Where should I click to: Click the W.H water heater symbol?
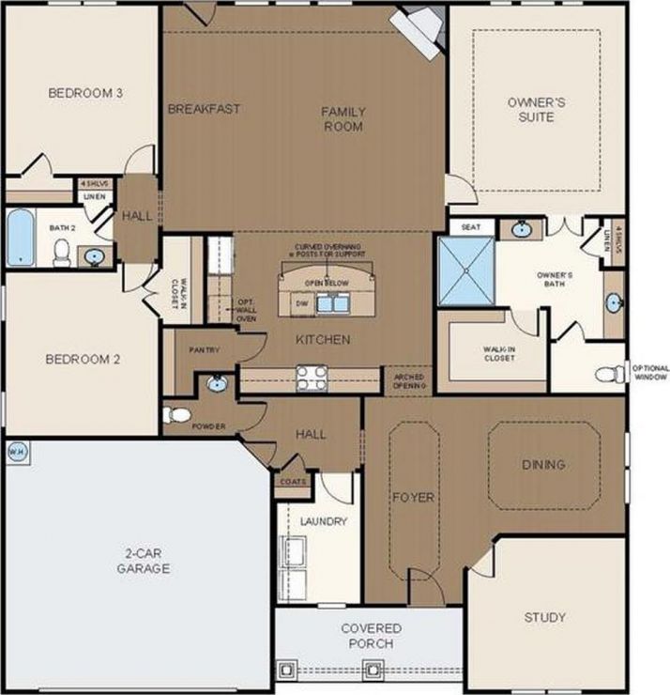[15, 451]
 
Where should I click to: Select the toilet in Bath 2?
[62, 251]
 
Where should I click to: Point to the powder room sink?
[217, 384]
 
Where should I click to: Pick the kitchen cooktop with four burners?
[312, 378]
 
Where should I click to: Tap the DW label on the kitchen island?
[301, 303]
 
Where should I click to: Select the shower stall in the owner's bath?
[464, 270]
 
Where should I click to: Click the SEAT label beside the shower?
[471, 227]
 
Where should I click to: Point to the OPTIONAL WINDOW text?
[650, 373]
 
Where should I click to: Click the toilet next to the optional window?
[611, 374]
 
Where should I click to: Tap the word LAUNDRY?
[324, 521]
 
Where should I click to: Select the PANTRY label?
[204, 350]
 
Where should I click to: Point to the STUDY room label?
[544, 617]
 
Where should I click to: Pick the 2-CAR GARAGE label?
[143, 561]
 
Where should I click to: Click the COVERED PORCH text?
[371, 635]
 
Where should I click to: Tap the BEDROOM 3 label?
[87, 93]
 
